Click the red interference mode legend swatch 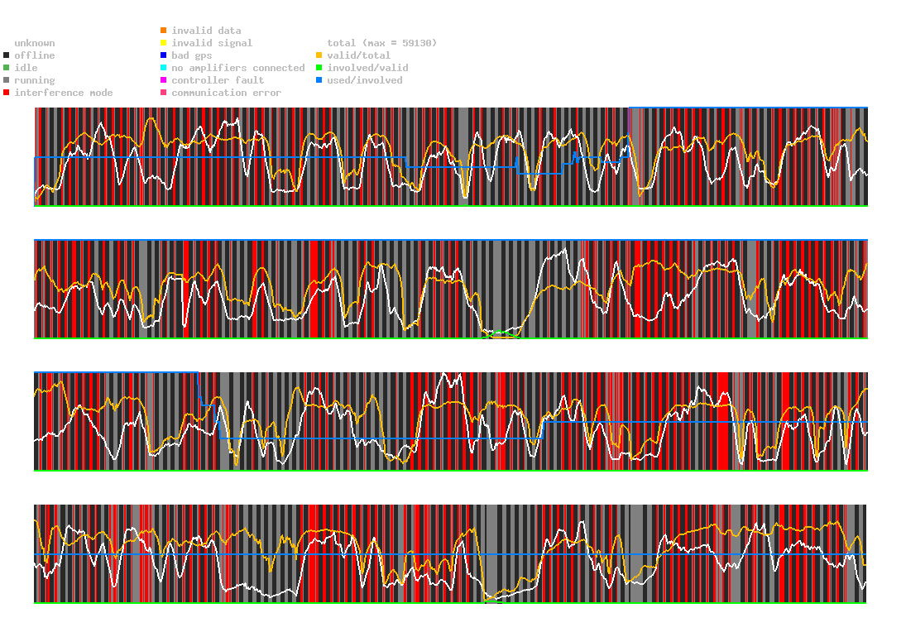pyautogui.click(x=7, y=93)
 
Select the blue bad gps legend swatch pyautogui.click(x=164, y=55)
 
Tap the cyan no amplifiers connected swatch pyautogui.click(x=164, y=68)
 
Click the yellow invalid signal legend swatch pyautogui.click(x=164, y=43)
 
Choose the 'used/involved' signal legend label pyautogui.click(x=365, y=80)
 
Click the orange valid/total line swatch pyautogui.click(x=319, y=55)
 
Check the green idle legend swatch pyautogui.click(x=7, y=68)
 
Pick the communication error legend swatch pyautogui.click(x=164, y=93)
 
